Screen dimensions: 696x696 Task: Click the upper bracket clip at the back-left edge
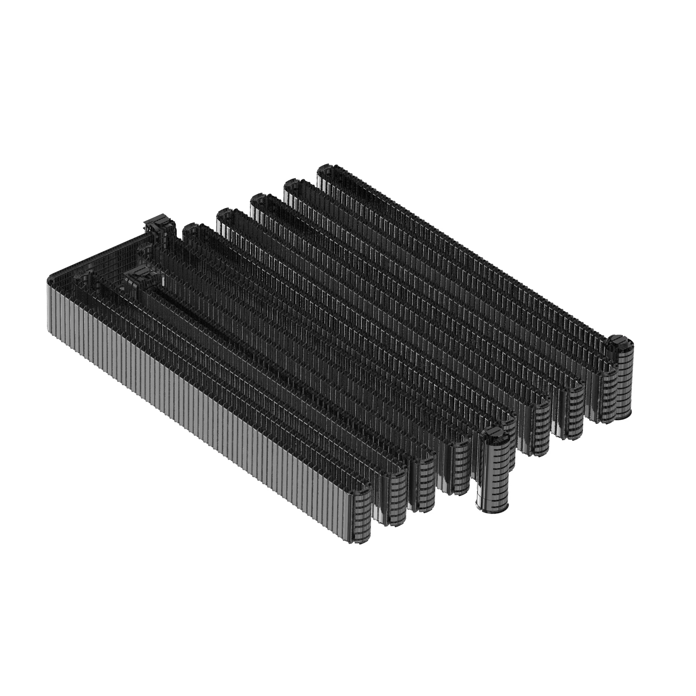pos(158,225)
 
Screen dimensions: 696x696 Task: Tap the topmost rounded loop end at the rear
pos(326,169)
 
